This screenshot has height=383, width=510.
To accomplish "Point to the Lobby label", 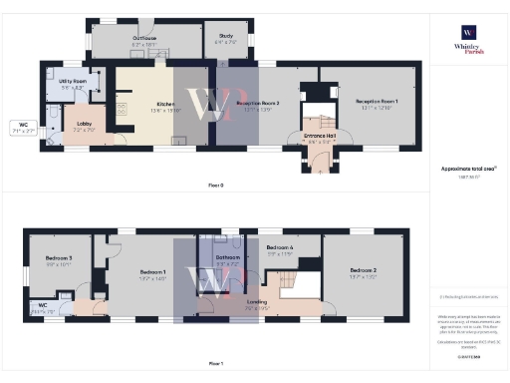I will tap(85, 127).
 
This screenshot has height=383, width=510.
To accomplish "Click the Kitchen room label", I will tap(165, 106).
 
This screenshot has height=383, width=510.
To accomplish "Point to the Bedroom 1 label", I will tap(152, 272).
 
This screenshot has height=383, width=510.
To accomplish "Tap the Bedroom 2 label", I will tap(362, 272).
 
